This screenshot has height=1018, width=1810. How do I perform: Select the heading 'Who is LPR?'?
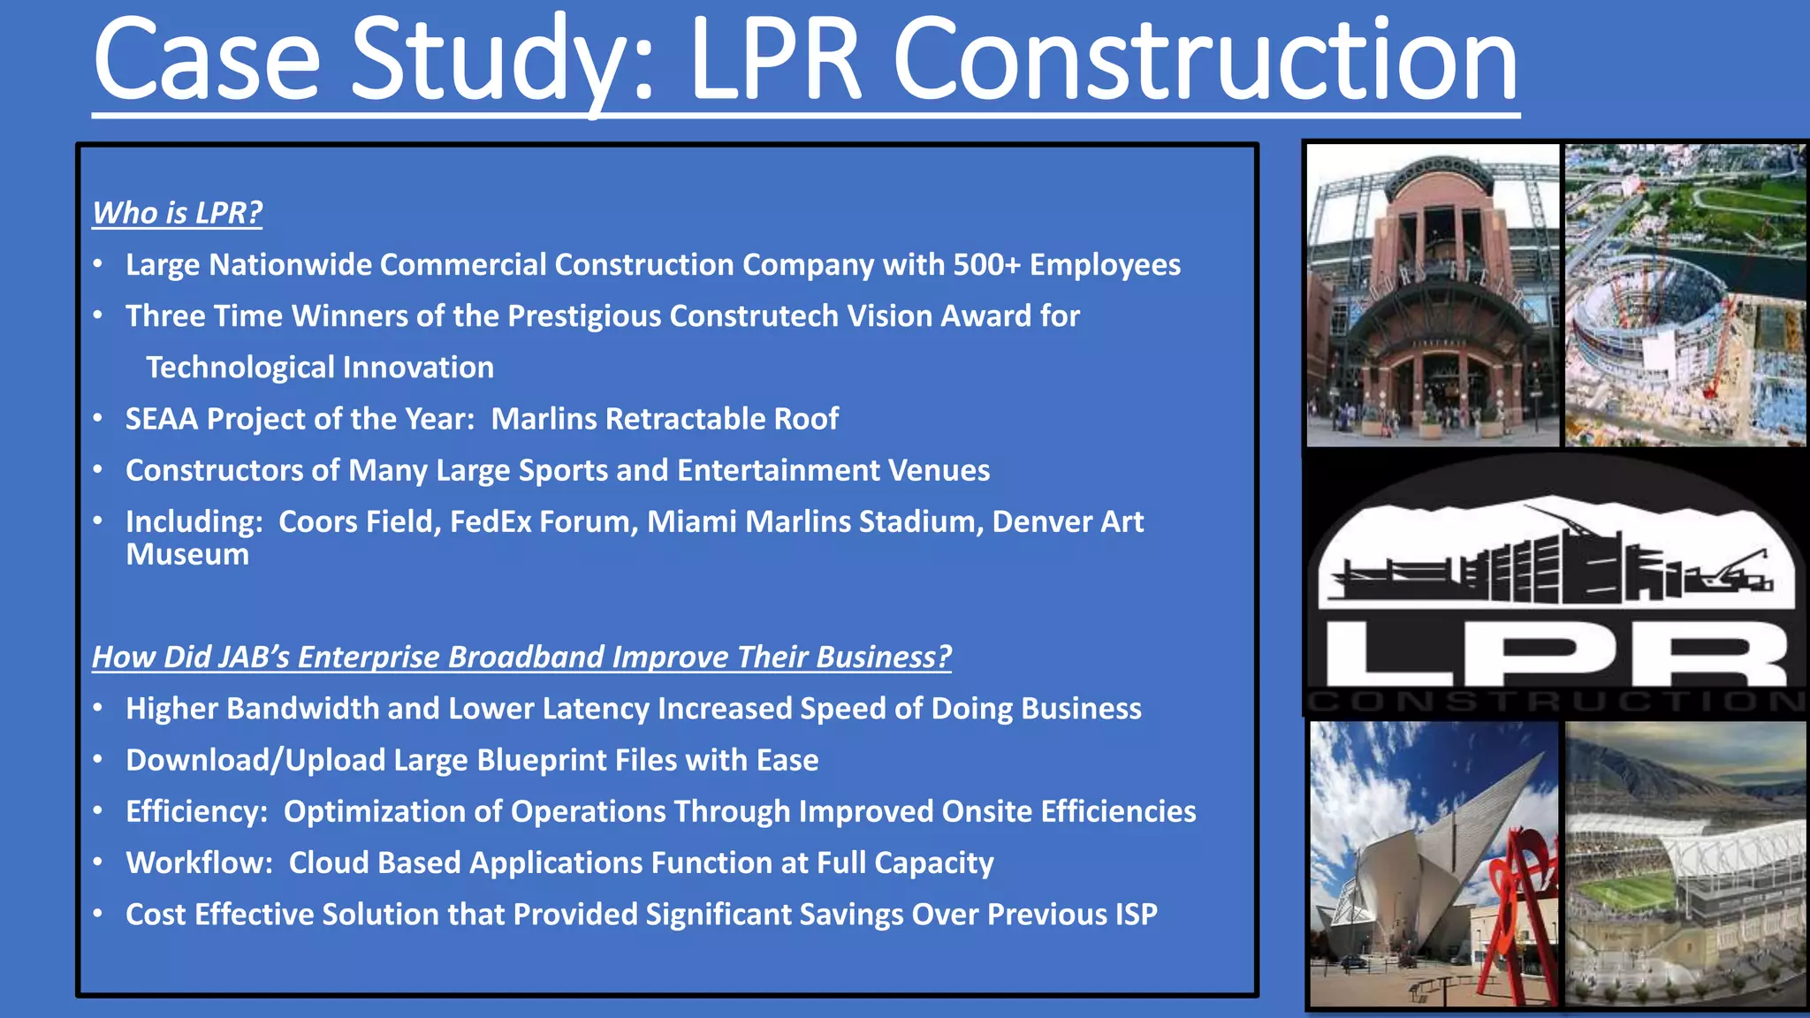(178, 213)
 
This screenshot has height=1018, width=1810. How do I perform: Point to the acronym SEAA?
(162, 419)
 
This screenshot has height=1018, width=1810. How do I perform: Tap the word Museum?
(187, 555)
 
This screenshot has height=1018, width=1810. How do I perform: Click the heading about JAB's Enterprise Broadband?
(521, 657)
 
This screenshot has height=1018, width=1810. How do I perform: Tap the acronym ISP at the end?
(1136, 914)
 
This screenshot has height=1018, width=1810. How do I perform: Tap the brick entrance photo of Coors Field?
(1432, 296)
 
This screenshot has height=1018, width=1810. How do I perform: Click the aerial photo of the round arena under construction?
(1685, 296)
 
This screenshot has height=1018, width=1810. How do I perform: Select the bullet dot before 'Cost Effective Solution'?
(98, 914)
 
